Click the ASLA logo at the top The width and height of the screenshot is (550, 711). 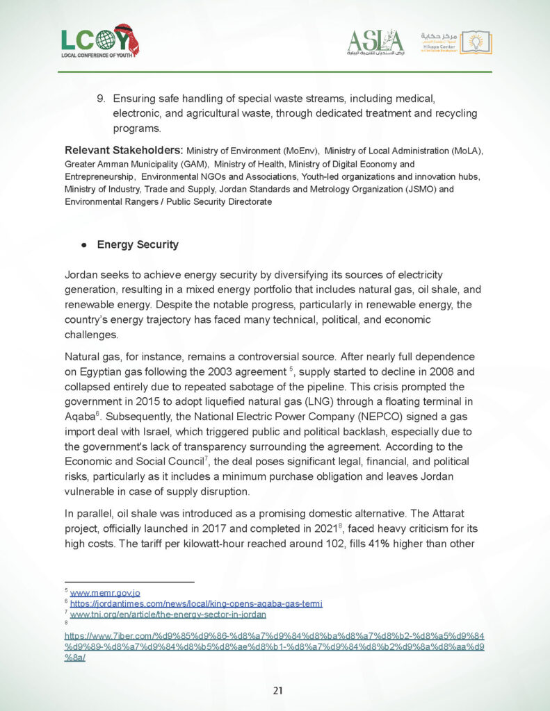375,42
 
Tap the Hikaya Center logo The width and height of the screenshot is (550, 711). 456,42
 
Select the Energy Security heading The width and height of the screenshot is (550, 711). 138,244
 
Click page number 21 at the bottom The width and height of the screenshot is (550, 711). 277,690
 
